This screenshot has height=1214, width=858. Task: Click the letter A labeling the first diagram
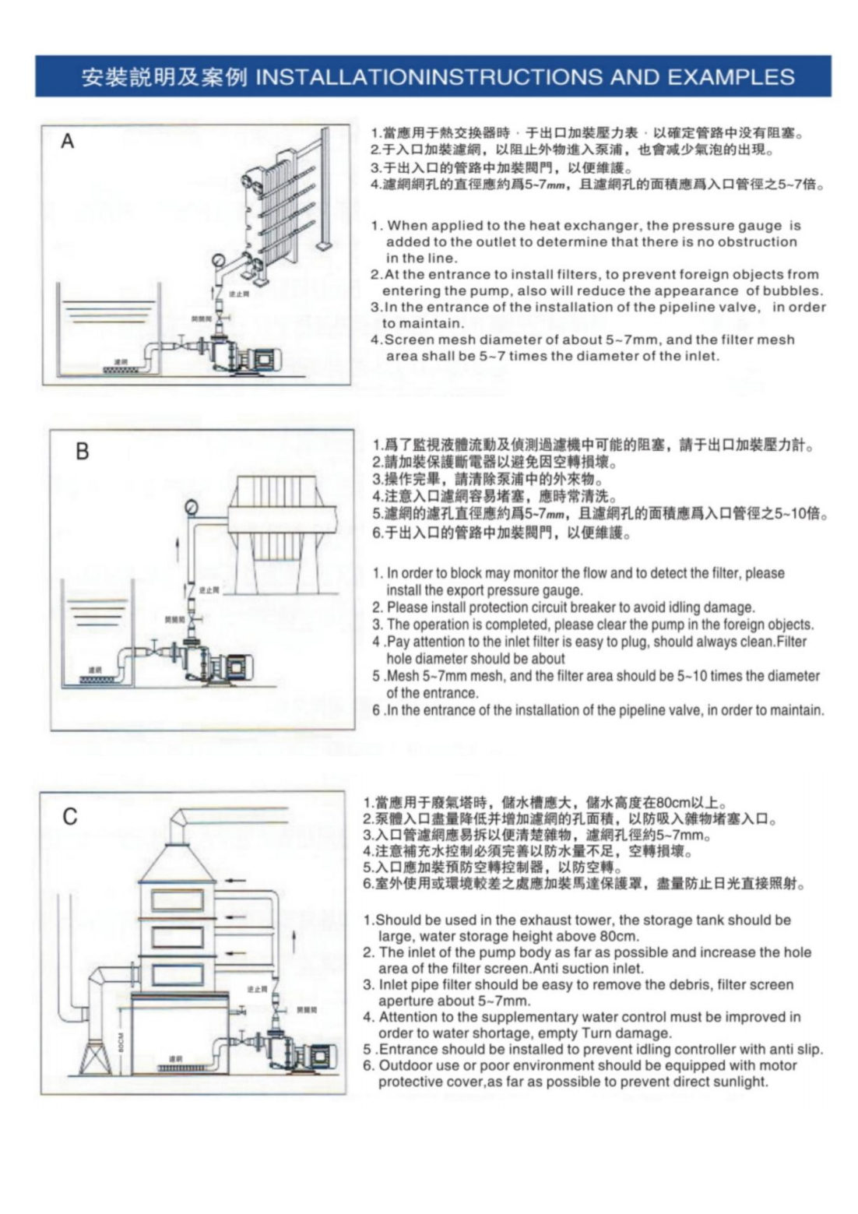(x=68, y=141)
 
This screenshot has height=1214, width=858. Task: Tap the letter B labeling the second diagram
(x=82, y=452)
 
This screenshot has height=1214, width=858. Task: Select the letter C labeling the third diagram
(x=70, y=816)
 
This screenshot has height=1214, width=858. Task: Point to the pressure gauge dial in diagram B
(x=192, y=508)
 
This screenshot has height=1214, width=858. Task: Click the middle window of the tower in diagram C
(x=178, y=938)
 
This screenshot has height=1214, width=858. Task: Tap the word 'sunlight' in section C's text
(x=740, y=1082)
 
